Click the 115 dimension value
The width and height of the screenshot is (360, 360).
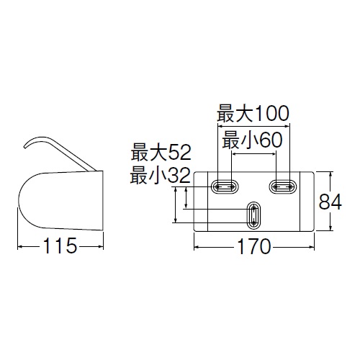[60, 246]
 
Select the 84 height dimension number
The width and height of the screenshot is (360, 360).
[330, 202]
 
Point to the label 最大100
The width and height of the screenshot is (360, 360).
[253, 114]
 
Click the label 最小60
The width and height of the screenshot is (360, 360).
[252, 140]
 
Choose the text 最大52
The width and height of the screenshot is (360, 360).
[161, 153]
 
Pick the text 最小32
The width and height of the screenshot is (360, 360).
[160, 176]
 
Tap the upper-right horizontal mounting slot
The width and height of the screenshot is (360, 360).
[283, 186]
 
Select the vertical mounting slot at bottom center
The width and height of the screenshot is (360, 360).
[253, 215]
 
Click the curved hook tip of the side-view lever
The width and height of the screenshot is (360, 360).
[25, 145]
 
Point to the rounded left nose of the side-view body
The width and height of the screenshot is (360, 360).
[19, 201]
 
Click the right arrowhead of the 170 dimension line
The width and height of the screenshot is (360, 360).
[312, 246]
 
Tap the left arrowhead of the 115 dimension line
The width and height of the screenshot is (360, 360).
[20, 246]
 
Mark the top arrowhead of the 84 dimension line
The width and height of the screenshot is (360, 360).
[330, 174]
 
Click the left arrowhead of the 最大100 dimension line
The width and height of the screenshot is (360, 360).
[220, 126]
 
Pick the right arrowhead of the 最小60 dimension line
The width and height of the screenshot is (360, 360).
[274, 154]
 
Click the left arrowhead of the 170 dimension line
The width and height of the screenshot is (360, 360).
[197, 246]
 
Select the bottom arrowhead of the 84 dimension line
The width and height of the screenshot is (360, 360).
[330, 228]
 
